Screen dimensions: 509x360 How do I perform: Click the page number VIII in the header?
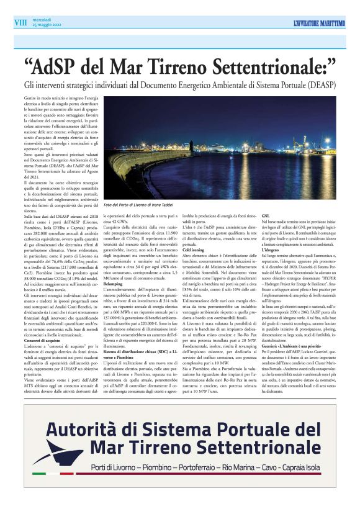[20, 22]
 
